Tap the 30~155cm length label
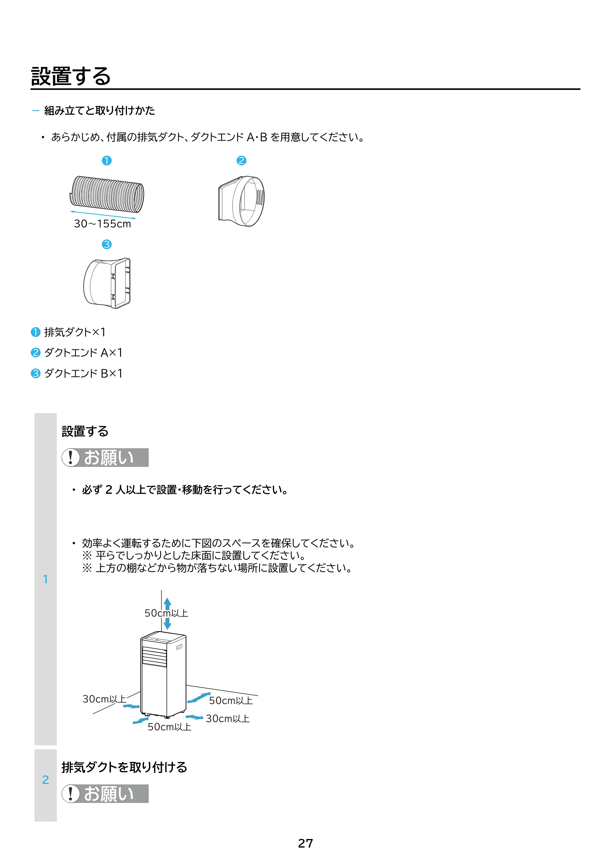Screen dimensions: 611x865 pyautogui.click(x=102, y=224)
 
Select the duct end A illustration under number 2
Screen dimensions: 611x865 pyautogui.click(x=241, y=201)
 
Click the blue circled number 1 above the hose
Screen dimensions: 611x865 pyautogui.click(x=107, y=161)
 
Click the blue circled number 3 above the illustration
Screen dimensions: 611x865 pyautogui.click(x=107, y=245)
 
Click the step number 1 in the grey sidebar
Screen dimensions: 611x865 pyautogui.click(x=46, y=579)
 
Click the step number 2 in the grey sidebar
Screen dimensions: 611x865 pyautogui.click(x=46, y=779)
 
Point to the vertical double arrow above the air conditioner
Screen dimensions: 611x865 pyautogui.click(x=167, y=613)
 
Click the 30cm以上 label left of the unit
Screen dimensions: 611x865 pyautogui.click(x=104, y=699)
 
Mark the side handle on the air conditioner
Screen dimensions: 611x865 pyautogui.click(x=179, y=647)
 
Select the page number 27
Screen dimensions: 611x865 pyautogui.click(x=305, y=843)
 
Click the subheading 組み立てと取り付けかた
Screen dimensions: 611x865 pyautogui.click(x=99, y=110)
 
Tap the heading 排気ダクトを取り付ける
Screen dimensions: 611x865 pyautogui.click(x=124, y=767)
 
